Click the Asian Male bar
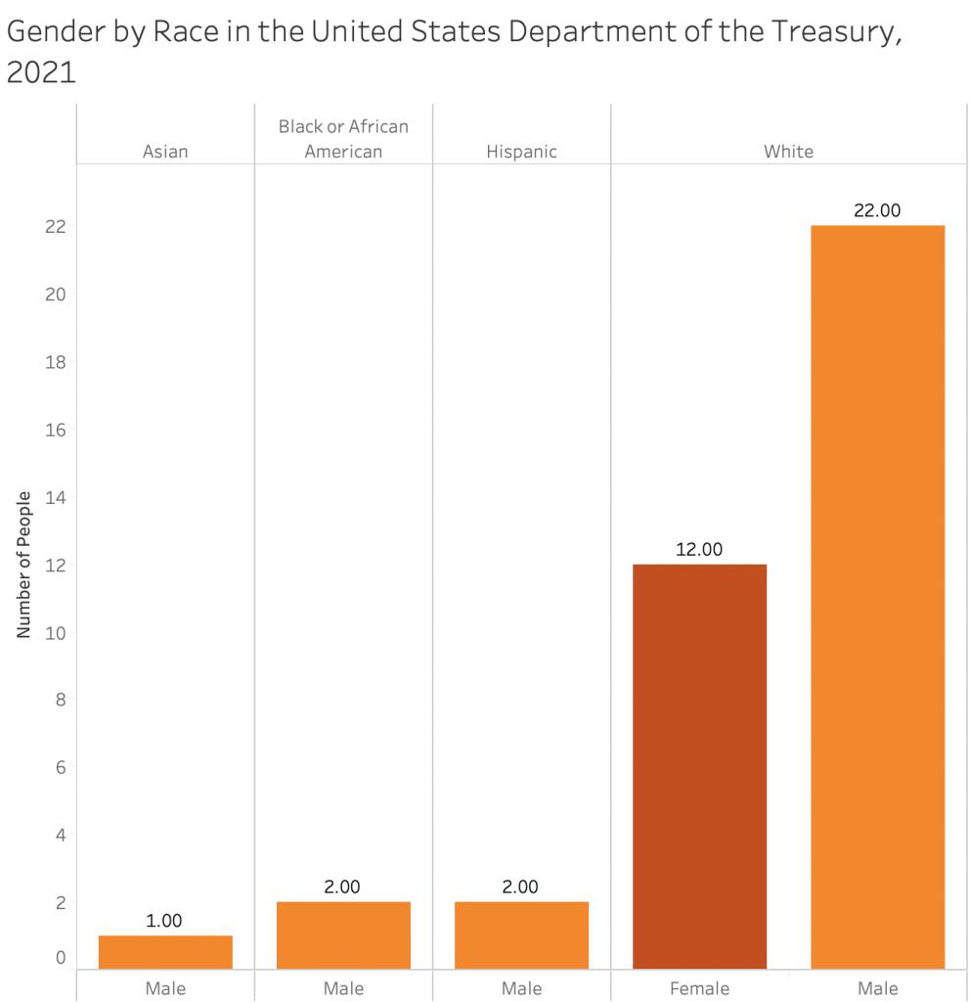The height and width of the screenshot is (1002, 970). click(165, 951)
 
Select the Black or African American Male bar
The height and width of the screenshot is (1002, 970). click(343, 934)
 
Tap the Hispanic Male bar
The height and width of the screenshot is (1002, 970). click(521, 934)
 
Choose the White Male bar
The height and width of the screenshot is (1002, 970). click(877, 597)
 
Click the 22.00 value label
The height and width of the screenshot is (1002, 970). click(877, 210)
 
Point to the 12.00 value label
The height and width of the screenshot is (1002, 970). click(699, 550)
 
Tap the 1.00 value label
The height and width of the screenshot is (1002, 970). click(165, 921)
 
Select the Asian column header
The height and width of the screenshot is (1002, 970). click(165, 152)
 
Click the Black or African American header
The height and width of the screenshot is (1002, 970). click(343, 139)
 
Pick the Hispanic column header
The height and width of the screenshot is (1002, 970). click(521, 152)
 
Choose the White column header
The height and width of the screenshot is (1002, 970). click(788, 152)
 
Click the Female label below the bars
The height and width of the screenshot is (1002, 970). click(699, 988)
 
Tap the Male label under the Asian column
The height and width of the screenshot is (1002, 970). click(165, 988)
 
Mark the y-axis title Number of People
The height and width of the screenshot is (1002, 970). click(24, 565)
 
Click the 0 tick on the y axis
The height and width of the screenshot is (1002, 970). click(60, 958)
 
